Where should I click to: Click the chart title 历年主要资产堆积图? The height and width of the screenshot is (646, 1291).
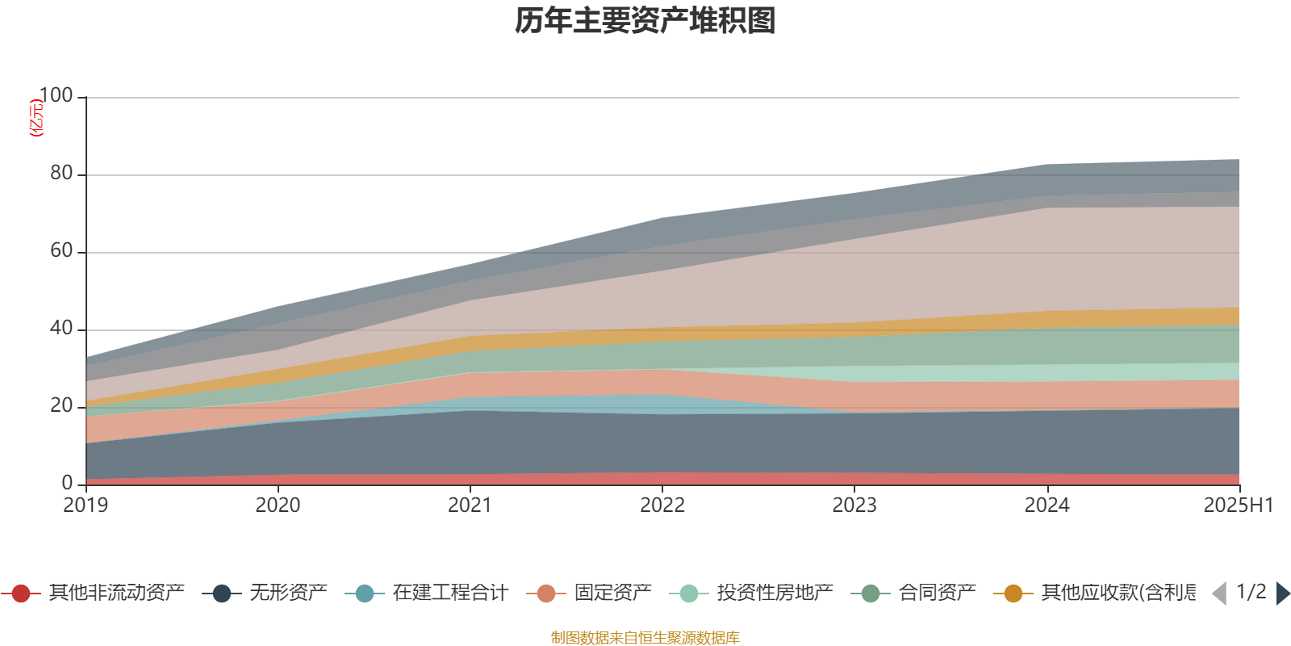645,21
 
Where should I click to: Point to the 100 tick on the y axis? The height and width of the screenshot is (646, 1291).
56,96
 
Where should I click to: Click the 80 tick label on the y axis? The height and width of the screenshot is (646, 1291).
61,174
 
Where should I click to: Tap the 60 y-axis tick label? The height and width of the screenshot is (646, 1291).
61,251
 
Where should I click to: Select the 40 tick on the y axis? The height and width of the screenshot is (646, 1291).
61,329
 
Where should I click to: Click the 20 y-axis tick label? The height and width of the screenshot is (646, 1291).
61,406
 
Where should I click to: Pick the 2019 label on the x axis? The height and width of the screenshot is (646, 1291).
86,505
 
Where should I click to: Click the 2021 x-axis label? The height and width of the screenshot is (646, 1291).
470,505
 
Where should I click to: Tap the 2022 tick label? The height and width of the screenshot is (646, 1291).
662,505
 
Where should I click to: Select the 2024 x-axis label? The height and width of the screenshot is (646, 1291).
1047,505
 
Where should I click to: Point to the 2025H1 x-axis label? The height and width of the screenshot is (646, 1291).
1237,505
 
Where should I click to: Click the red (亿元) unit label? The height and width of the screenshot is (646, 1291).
36,118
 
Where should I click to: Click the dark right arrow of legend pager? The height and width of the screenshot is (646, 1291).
1282,594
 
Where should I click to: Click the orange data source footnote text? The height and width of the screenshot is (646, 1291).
645,638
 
